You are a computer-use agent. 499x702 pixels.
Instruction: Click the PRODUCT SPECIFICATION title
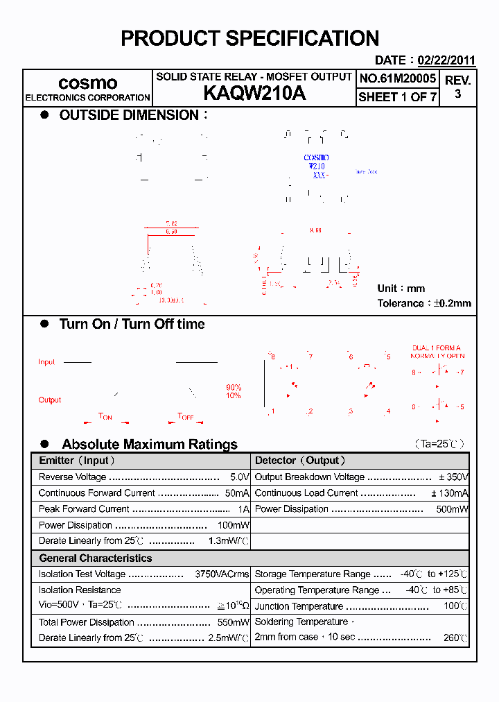pyautogui.click(x=249, y=39)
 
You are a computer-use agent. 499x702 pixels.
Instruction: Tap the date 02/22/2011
pyautogui.click(x=446, y=61)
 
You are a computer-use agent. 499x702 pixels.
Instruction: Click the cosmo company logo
pyautogui.click(x=87, y=83)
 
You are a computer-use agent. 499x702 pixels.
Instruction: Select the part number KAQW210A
pyautogui.click(x=254, y=94)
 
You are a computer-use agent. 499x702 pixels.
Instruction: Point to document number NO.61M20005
pyautogui.click(x=398, y=78)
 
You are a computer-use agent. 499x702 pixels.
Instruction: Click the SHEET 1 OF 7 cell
pyautogui.click(x=398, y=97)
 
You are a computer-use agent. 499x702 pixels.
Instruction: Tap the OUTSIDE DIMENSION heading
pyautogui.click(x=129, y=116)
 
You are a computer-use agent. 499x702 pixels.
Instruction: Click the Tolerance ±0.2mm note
pyautogui.click(x=423, y=303)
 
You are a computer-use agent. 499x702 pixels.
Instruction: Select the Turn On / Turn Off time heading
pyautogui.click(x=132, y=324)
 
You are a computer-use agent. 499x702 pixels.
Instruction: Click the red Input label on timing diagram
pyautogui.click(x=46, y=362)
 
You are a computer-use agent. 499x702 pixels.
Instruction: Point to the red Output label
pyautogui.click(x=49, y=400)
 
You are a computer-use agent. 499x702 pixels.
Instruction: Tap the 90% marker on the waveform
pyautogui.click(x=234, y=387)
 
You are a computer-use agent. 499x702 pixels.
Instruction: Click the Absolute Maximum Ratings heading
pyautogui.click(x=149, y=445)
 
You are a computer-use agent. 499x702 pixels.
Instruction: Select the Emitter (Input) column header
pyautogui.click(x=77, y=461)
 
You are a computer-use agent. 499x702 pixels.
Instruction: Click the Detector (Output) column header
pyautogui.click(x=300, y=461)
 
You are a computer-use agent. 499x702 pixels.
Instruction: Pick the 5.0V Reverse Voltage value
pyautogui.click(x=239, y=477)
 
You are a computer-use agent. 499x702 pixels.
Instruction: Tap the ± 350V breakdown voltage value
pyautogui.click(x=453, y=477)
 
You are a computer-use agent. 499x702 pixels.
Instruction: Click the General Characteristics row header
pyautogui.click(x=95, y=558)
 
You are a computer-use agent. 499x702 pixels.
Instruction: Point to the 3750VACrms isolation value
pyautogui.click(x=222, y=574)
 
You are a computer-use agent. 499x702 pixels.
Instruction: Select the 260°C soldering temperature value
pyautogui.click(x=455, y=638)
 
